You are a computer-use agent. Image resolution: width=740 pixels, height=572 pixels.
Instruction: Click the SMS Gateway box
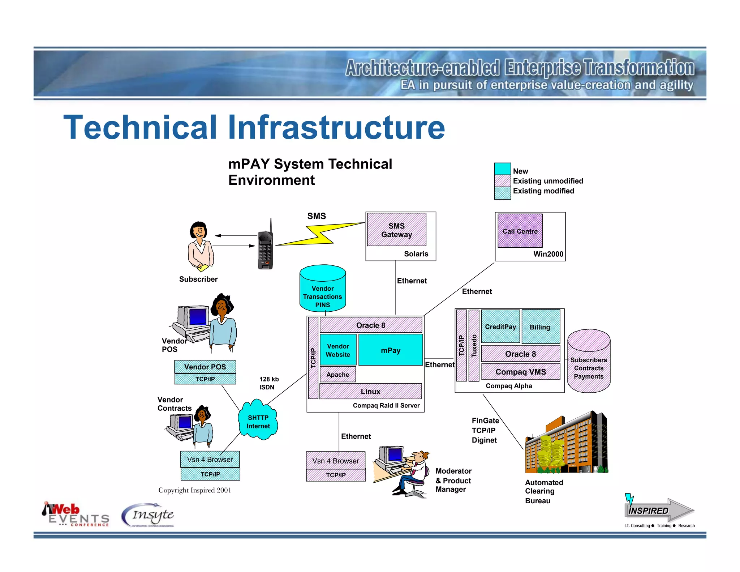point(396,230)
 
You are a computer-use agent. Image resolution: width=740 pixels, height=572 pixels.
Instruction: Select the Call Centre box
point(520,231)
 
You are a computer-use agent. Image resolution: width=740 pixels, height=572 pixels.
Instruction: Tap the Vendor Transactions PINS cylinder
point(323,289)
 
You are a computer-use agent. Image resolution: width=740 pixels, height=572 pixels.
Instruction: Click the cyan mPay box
point(391,350)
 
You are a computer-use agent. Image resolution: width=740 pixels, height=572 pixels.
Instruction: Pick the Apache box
point(337,375)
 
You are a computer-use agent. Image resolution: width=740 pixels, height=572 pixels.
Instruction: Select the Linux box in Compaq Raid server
point(370,391)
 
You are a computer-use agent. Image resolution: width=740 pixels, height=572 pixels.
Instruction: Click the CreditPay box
point(500,326)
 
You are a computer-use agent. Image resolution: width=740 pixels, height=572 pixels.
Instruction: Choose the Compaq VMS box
point(521,372)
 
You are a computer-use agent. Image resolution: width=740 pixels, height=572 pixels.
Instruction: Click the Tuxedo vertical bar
point(474,346)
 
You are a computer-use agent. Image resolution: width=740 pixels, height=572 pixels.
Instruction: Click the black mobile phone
point(266,249)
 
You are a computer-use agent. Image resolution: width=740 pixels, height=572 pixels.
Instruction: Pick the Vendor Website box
point(338,350)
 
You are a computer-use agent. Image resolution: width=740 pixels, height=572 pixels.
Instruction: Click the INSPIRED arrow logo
point(658,510)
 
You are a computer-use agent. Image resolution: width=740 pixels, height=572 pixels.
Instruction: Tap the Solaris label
point(416,254)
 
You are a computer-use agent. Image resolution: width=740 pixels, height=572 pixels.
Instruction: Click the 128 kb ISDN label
point(268,383)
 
